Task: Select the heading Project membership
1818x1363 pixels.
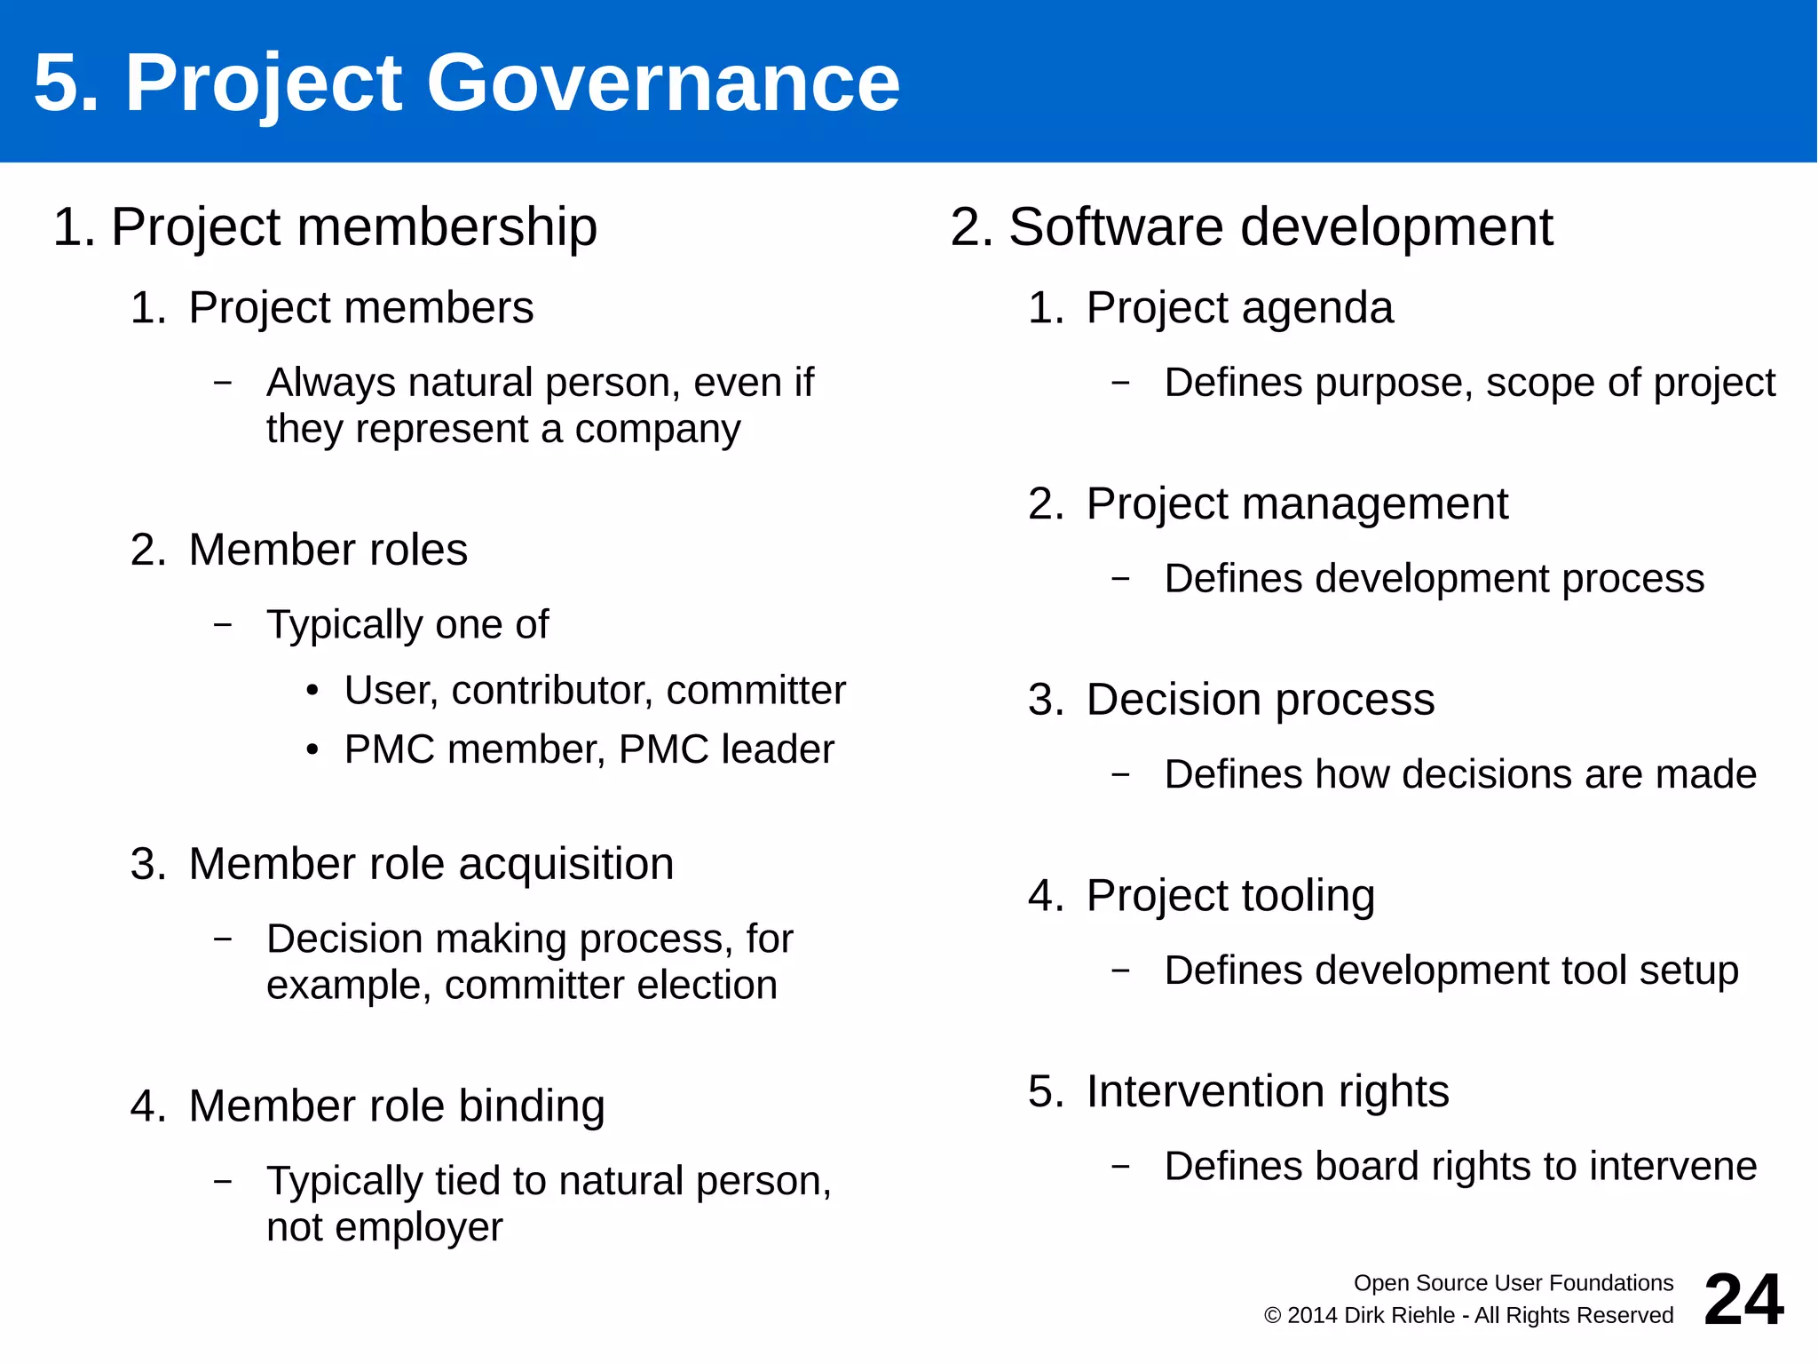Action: click(353, 226)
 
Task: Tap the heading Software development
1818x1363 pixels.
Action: click(1280, 226)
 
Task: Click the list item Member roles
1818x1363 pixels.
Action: click(328, 550)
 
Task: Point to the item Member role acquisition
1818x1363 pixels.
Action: click(431, 864)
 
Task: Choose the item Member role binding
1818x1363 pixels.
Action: click(396, 1106)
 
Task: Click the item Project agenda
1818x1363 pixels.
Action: click(1239, 308)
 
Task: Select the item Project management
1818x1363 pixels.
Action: click(1296, 504)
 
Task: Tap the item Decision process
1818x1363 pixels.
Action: click(1260, 700)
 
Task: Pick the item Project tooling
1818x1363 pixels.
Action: click(1229, 895)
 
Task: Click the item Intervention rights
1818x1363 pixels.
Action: click(1267, 1091)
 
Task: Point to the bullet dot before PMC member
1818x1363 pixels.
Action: click(312, 750)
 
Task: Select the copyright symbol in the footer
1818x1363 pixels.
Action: click(1272, 1316)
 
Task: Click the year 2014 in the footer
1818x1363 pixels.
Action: click(1313, 1316)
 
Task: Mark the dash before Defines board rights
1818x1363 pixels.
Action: click(1121, 1166)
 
